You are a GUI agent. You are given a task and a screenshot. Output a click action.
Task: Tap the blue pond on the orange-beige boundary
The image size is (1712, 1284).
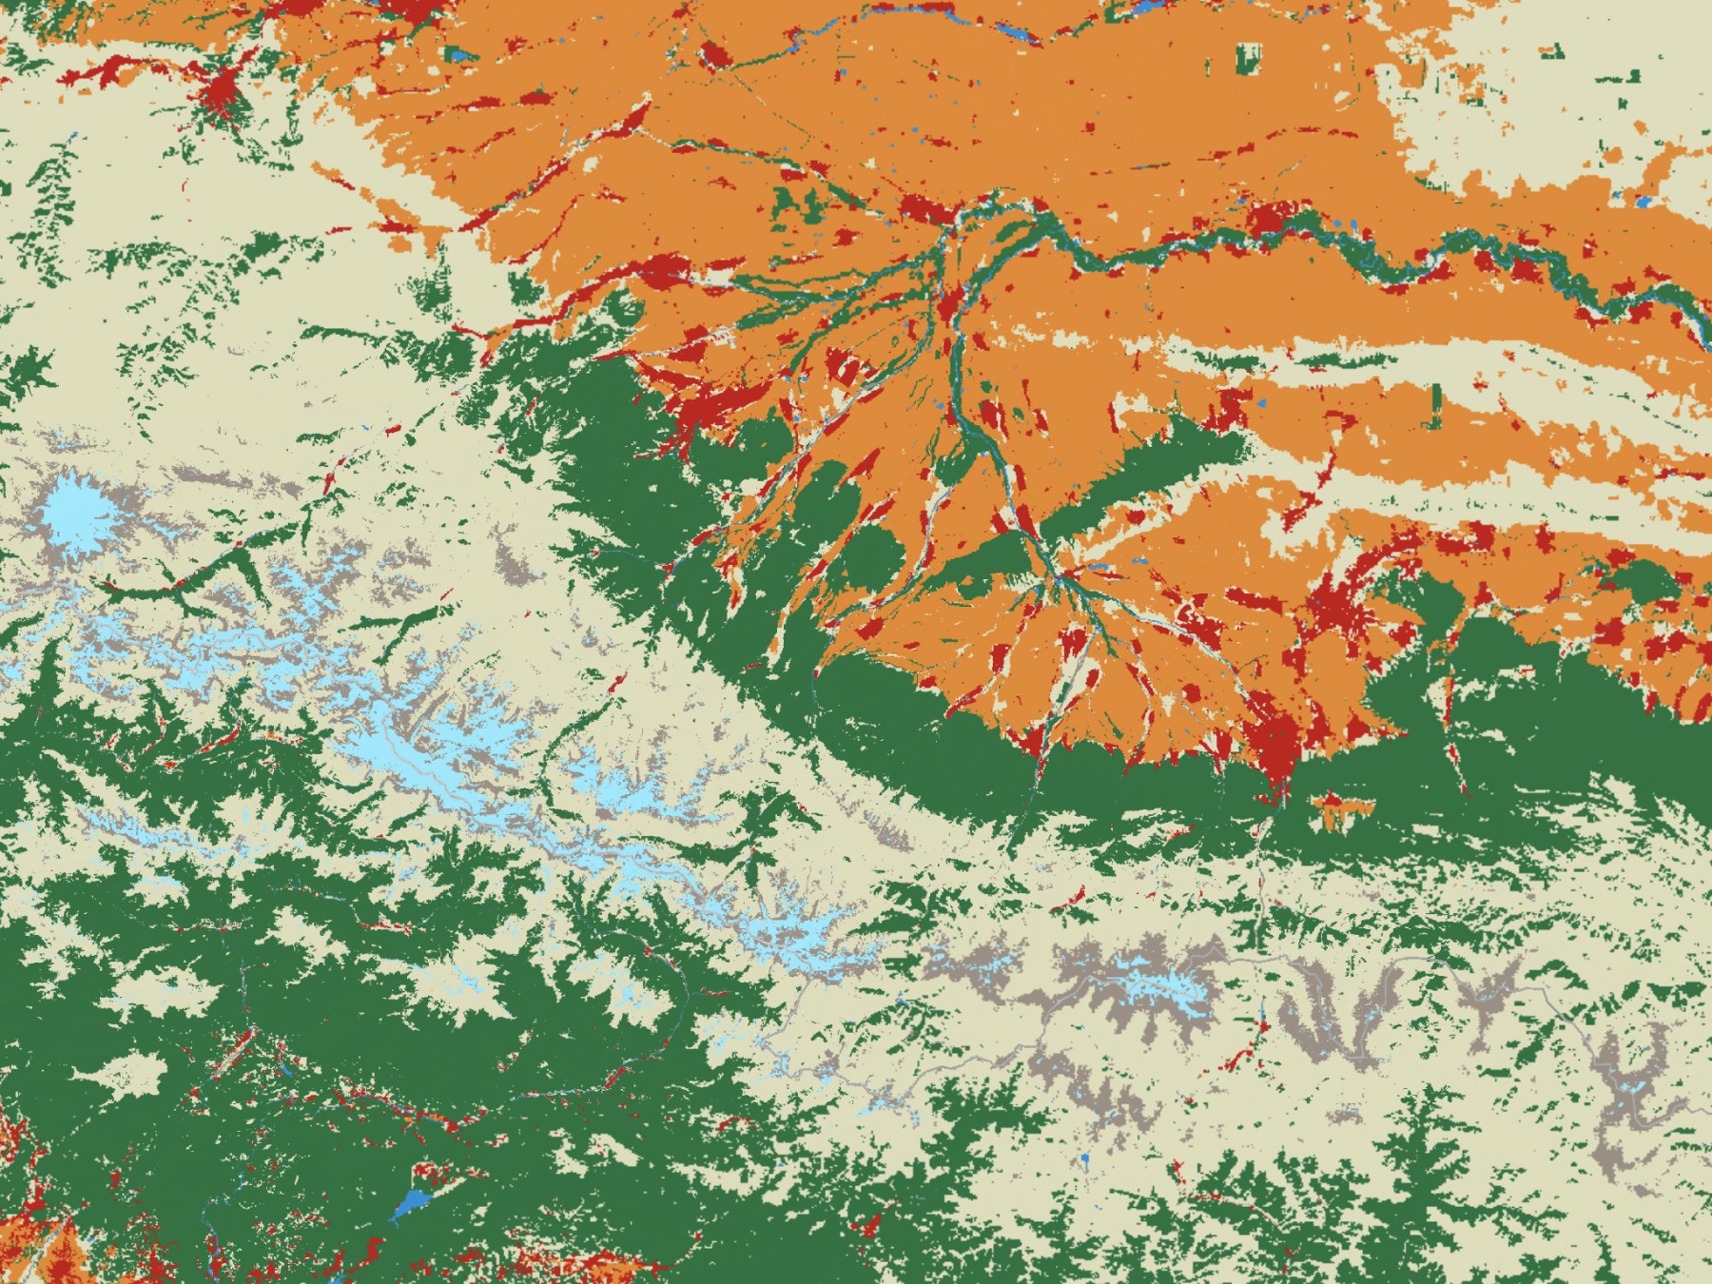click(1644, 202)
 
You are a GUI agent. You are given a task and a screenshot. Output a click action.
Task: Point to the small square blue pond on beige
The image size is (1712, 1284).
click(1084, 1160)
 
